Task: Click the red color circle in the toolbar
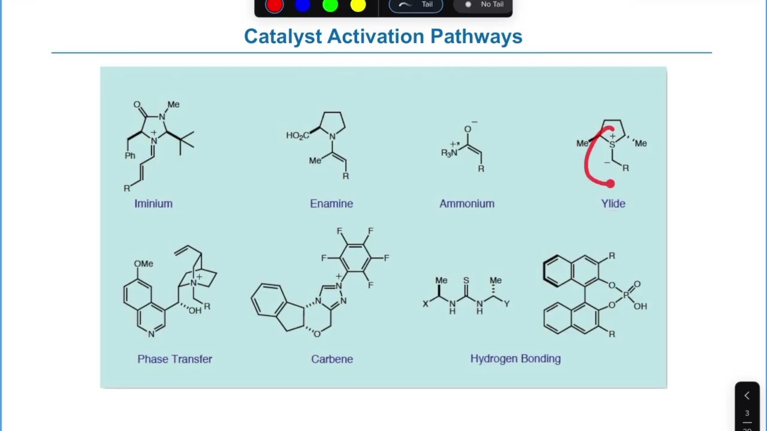tap(274, 5)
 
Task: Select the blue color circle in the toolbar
tap(303, 5)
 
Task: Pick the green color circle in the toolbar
tap(330, 5)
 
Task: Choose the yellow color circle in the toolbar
tap(358, 5)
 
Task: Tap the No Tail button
tap(483, 4)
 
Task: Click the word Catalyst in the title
tap(283, 37)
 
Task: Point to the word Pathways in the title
tap(476, 37)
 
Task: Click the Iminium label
tap(153, 204)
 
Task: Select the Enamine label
tap(331, 204)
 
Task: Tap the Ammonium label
tap(467, 204)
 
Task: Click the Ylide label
tap(613, 204)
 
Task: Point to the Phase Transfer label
tap(174, 359)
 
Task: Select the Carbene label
tap(332, 359)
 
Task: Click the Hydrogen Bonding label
tap(516, 359)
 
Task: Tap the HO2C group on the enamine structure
tap(298, 136)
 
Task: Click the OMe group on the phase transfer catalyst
tap(143, 264)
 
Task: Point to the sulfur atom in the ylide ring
tap(612, 145)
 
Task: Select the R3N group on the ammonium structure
tap(449, 153)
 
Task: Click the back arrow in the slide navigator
tap(747, 396)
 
